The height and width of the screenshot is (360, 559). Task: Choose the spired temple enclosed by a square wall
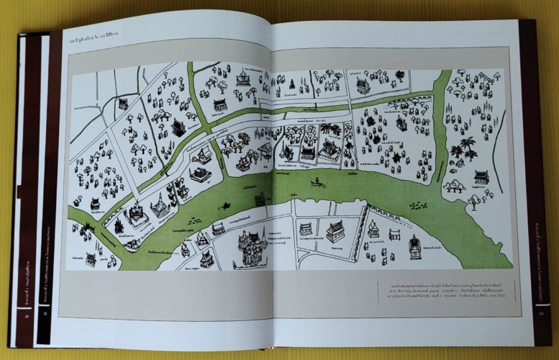pos(133,215)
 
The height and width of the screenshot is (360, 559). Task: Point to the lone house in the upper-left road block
pos(123,104)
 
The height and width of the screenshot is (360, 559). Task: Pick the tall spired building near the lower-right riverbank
pos(414,247)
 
